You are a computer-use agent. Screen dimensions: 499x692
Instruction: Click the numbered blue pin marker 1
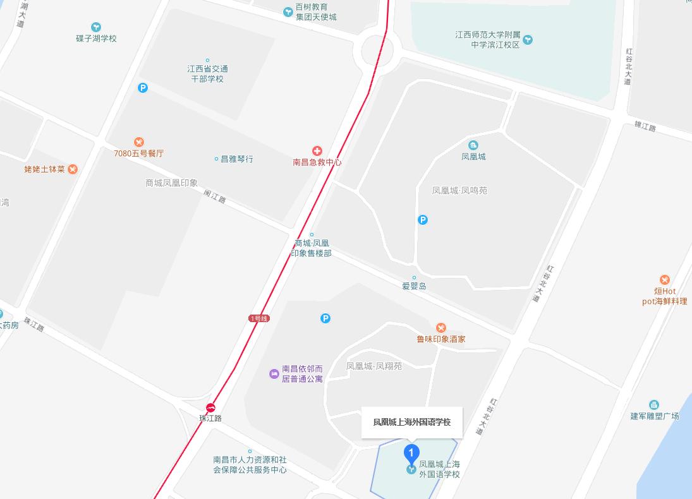pyautogui.click(x=411, y=454)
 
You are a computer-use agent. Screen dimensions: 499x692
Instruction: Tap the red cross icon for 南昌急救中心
pyautogui.click(x=317, y=151)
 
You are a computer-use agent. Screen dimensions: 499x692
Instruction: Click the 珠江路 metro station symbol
pyautogui.click(x=210, y=407)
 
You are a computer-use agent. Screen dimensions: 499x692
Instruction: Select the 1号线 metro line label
pyautogui.click(x=259, y=318)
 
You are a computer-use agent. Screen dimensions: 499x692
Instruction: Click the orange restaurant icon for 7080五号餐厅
pyautogui.click(x=139, y=142)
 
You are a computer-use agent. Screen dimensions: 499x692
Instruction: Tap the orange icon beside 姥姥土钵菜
pyautogui.click(x=73, y=169)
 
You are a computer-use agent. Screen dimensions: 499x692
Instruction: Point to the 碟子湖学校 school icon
pyautogui.click(x=96, y=27)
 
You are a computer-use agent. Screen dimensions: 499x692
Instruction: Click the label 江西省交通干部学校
pyautogui.click(x=208, y=74)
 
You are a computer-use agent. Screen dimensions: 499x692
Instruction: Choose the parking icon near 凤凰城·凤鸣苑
pyautogui.click(x=423, y=220)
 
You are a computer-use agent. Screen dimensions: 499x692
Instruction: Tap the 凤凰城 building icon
pyautogui.click(x=473, y=146)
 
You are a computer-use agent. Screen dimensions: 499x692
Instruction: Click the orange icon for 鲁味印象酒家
pyautogui.click(x=441, y=327)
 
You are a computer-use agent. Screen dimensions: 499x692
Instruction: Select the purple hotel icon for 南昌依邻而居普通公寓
pyautogui.click(x=274, y=374)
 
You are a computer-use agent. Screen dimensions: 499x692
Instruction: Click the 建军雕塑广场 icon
pyautogui.click(x=654, y=405)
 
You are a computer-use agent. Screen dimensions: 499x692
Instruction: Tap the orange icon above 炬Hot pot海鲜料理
pyautogui.click(x=664, y=280)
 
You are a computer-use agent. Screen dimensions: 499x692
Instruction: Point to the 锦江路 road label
pyautogui.click(x=645, y=126)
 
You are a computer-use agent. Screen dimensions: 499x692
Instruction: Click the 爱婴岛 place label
pyautogui.click(x=415, y=286)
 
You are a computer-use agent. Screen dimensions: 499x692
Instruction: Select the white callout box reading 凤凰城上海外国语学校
pyautogui.click(x=412, y=422)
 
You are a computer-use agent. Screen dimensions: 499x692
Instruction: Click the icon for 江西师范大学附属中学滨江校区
pyautogui.click(x=528, y=40)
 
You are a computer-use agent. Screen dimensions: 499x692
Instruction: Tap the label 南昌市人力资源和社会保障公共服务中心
pyautogui.click(x=250, y=465)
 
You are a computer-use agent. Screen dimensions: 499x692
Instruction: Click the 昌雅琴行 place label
pyautogui.click(x=236, y=159)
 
